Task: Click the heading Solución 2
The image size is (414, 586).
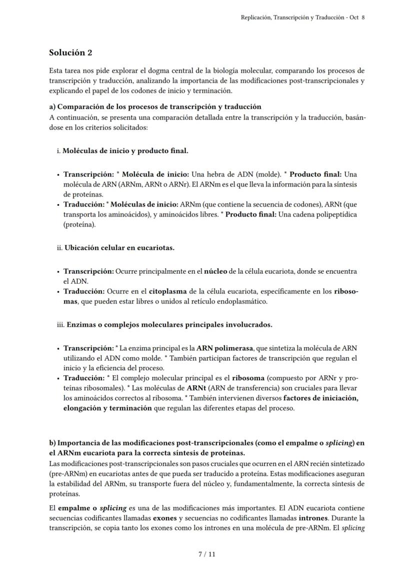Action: tap(70, 53)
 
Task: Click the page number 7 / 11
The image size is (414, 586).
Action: tap(206, 554)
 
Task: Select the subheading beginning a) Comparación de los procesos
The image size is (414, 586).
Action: tap(155, 107)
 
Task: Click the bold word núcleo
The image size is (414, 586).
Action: tap(215, 271)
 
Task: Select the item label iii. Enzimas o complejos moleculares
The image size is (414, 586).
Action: tap(164, 324)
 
